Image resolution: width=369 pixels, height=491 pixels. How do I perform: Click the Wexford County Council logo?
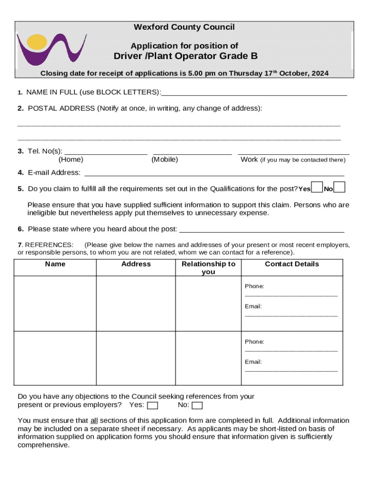[51, 48]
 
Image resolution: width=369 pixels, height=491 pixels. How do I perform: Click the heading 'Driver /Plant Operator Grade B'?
[185, 56]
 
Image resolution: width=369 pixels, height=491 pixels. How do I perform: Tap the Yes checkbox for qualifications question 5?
[317, 187]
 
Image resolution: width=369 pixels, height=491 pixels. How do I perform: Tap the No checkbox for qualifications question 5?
[339, 187]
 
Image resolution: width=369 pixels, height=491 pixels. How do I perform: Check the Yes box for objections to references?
[152, 406]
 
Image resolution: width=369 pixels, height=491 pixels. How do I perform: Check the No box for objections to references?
[197, 406]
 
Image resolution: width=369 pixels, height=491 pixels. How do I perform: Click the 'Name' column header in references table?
[55, 264]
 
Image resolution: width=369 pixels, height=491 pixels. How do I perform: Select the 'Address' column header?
[136, 264]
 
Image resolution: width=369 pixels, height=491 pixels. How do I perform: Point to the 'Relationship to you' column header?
[208, 268]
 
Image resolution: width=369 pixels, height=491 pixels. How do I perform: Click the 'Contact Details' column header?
[291, 264]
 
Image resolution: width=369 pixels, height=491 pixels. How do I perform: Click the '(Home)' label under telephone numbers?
[70, 160]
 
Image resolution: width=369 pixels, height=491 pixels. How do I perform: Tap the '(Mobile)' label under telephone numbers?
[164, 160]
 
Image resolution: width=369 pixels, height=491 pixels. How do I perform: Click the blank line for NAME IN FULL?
[254, 93]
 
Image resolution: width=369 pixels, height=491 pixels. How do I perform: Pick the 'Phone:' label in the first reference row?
[254, 286]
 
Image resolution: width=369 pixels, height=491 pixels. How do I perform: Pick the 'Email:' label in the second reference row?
[254, 362]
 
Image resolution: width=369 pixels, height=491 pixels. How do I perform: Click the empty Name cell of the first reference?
[55, 303]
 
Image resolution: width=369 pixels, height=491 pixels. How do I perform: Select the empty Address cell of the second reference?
[136, 358]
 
